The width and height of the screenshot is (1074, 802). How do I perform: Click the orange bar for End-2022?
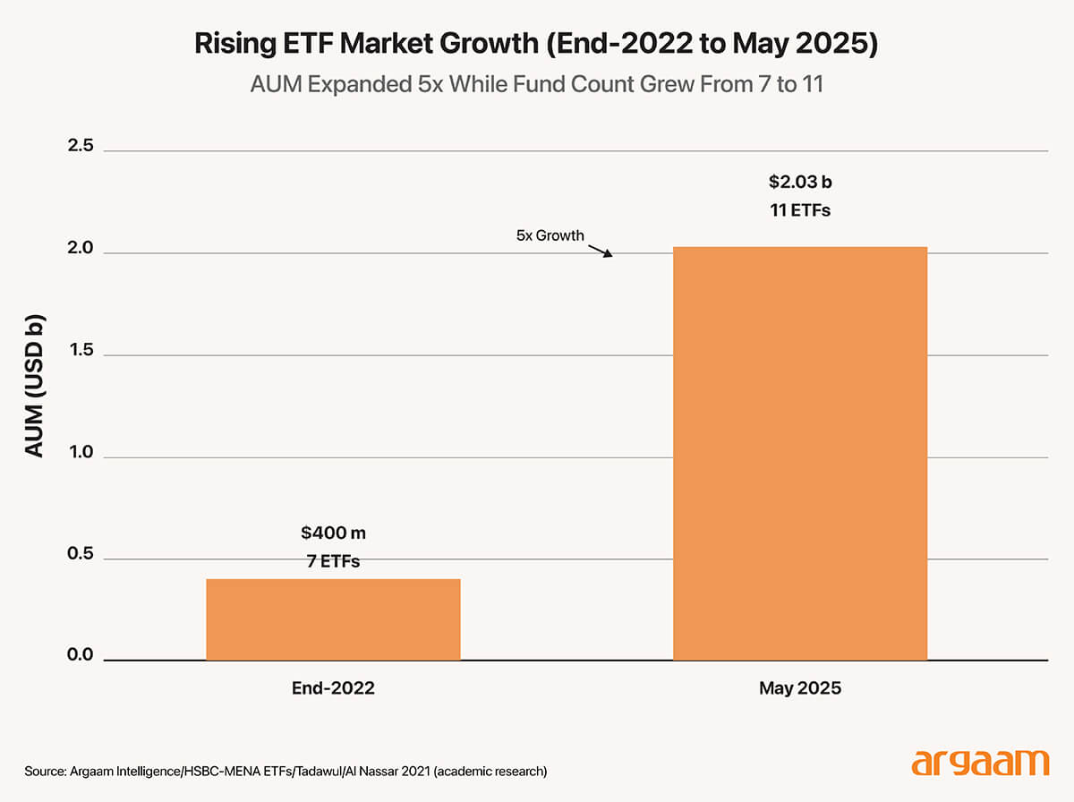pos(333,619)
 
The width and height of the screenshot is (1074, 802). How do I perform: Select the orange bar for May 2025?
pos(799,454)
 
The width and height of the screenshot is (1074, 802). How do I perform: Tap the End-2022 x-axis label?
pos(333,689)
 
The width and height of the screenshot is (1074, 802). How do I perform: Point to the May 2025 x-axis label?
pos(800,689)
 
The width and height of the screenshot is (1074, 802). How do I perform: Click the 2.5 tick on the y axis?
pos(81,146)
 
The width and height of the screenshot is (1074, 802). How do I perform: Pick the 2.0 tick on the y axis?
pos(81,248)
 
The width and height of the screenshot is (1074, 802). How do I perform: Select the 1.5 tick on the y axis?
pos(81,350)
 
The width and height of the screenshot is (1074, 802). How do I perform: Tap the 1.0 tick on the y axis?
pos(81,452)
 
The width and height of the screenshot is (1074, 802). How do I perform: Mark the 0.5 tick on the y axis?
pos(81,554)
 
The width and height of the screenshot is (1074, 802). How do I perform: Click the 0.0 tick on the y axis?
pos(81,655)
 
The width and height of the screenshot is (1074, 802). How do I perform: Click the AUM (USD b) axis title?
pos(34,386)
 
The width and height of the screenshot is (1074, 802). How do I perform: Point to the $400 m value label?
pos(333,533)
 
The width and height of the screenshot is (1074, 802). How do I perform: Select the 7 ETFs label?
pos(333,562)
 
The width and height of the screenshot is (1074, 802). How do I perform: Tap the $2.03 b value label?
pos(800,183)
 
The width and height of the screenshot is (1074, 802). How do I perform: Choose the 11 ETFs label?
pos(800,211)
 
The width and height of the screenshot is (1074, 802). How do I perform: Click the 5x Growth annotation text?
pos(550,235)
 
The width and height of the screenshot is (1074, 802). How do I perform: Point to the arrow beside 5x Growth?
pos(601,248)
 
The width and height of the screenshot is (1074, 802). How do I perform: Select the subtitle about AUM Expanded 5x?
pos(536,86)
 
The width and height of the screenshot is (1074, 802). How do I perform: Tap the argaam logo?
pos(979,764)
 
